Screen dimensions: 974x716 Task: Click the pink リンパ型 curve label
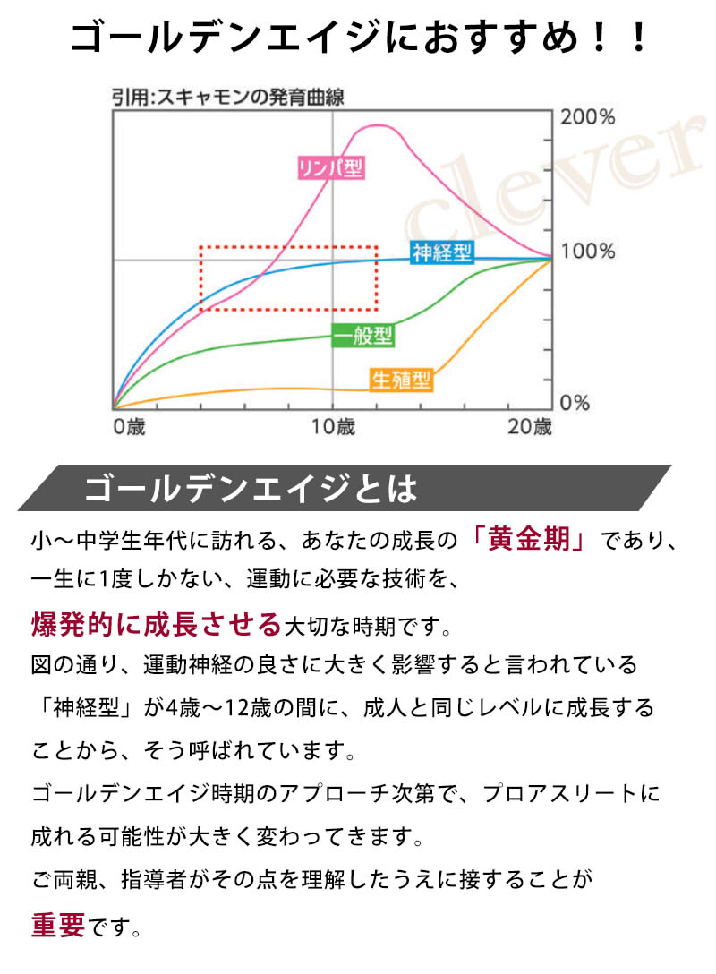(x=332, y=167)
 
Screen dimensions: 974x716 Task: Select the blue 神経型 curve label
(x=441, y=252)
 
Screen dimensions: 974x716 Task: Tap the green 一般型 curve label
(x=363, y=336)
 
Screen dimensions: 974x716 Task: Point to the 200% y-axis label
(x=586, y=117)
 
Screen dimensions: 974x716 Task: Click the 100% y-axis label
(x=586, y=252)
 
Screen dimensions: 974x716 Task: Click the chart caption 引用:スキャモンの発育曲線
(x=228, y=97)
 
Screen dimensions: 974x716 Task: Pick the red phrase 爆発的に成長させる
(x=157, y=624)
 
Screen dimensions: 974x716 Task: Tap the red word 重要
(x=58, y=926)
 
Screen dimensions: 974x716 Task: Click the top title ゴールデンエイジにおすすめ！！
(x=358, y=39)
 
